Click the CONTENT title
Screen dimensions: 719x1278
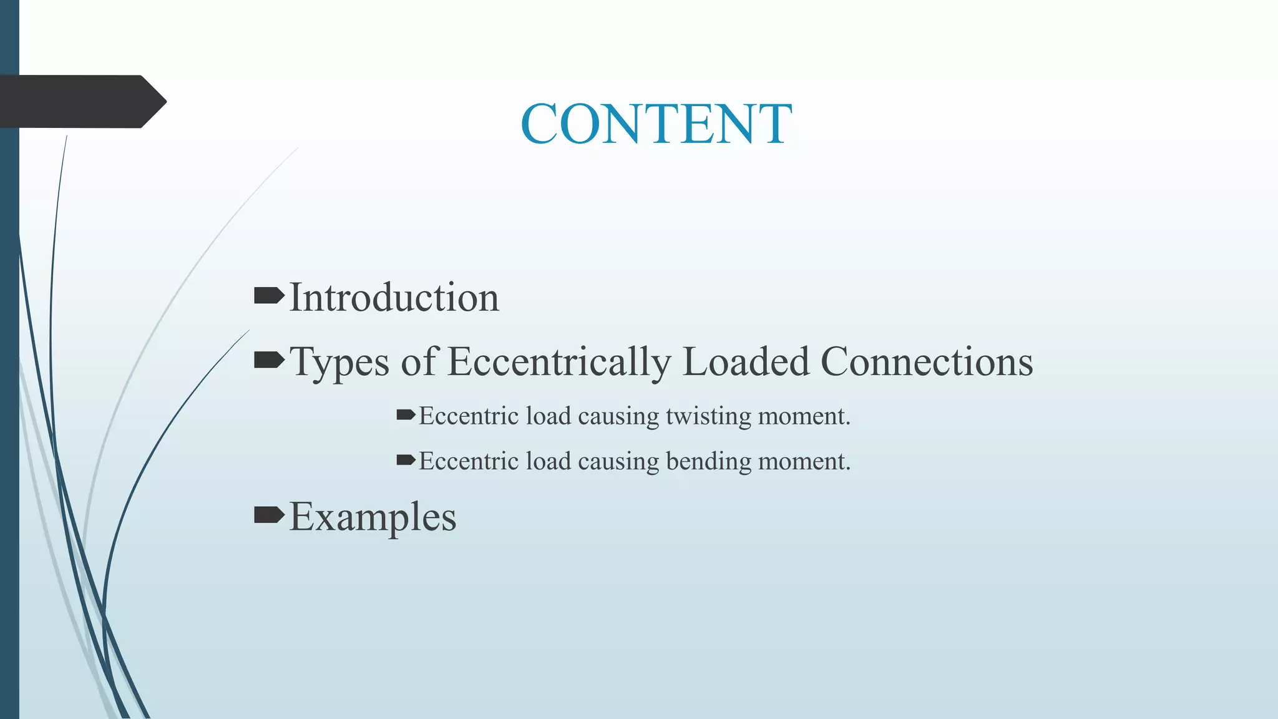656,124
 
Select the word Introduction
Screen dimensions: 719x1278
394,297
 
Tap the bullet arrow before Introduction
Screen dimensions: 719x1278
269,295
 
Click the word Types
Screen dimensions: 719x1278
340,362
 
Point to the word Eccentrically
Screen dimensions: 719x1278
559,362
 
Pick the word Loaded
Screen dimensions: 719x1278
746,361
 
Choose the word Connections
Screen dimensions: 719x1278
927,361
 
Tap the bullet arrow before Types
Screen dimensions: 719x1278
269,359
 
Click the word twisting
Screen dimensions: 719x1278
708,416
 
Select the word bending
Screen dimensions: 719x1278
708,462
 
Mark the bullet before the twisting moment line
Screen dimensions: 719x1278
406,414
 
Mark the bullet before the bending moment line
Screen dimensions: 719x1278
406,461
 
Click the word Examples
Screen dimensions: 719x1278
373,517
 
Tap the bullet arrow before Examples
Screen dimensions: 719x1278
269,515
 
